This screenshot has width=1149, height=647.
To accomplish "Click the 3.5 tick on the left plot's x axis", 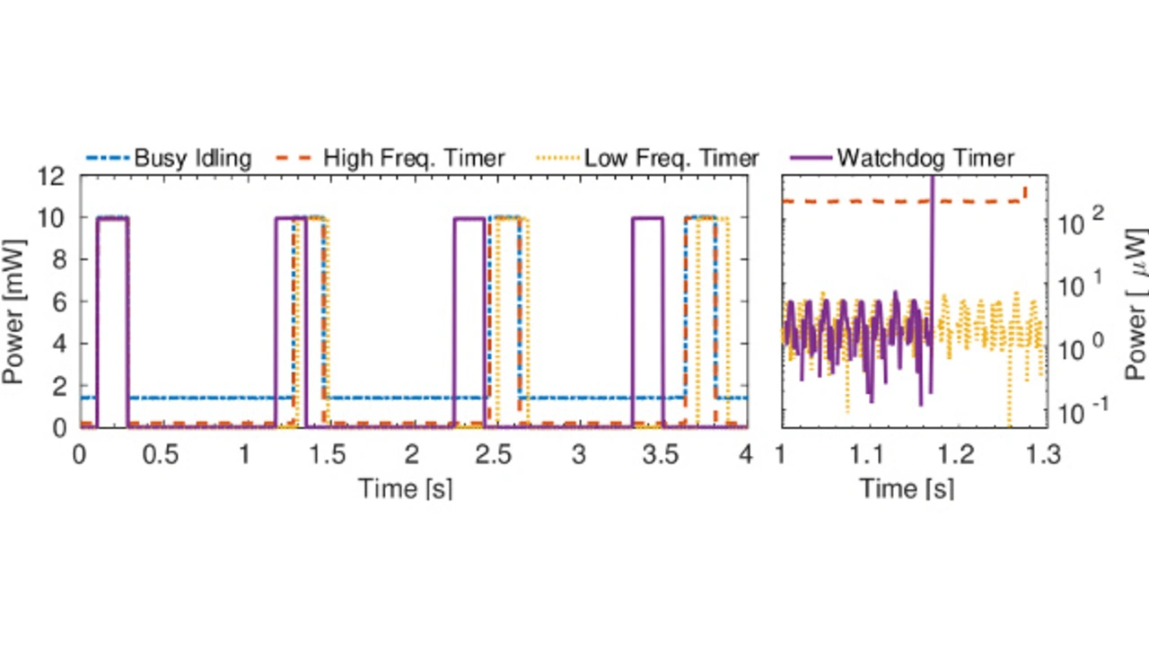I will click(x=661, y=456).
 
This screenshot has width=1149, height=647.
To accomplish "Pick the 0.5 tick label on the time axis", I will click(x=162, y=456).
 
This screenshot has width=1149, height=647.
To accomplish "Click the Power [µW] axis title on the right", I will click(x=1135, y=302).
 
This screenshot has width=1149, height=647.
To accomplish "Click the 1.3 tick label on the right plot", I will click(x=1041, y=456).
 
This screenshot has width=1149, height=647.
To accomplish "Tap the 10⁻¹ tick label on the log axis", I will click(x=1082, y=409).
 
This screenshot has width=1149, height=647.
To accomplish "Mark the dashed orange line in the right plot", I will click(x=853, y=201).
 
